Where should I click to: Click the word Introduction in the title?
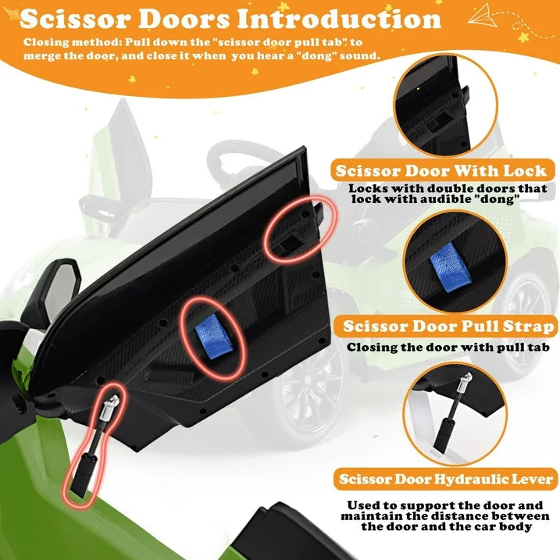(338, 19)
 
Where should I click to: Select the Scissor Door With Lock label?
(441, 170)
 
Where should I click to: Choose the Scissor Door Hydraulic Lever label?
(446, 480)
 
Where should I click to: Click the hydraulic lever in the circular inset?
(455, 411)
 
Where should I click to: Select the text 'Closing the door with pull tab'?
(448, 347)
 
